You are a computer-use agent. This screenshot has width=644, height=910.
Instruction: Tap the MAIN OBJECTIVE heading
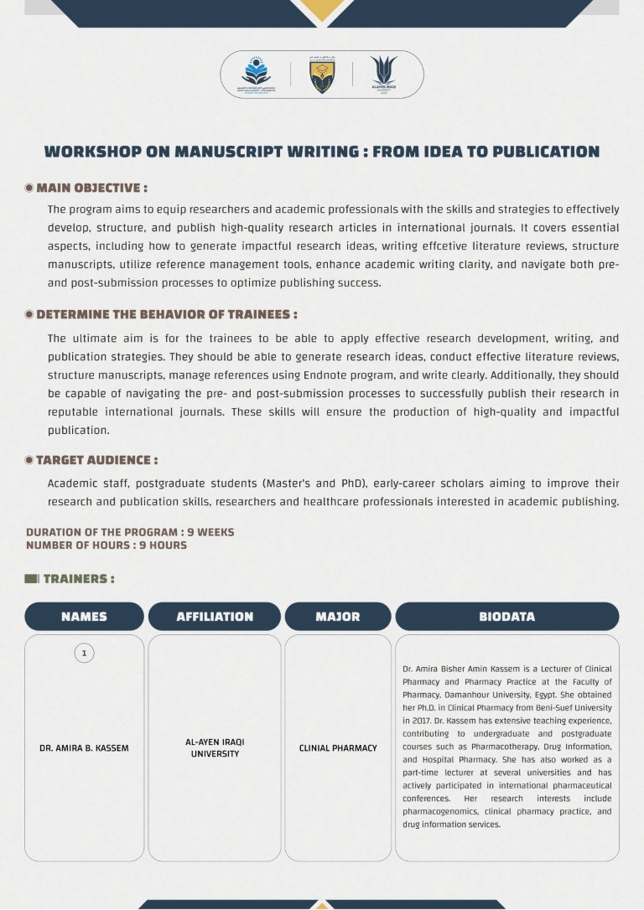pyautogui.click(x=91, y=188)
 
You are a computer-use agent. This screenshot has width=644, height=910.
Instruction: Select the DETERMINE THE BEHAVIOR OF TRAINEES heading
pyautogui.click(x=166, y=314)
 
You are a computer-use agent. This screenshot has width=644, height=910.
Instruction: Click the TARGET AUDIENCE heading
pyautogui.click(x=96, y=460)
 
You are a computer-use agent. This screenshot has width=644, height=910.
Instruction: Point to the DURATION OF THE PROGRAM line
pyautogui.click(x=130, y=532)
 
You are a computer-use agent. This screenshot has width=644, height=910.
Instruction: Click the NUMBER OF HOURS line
pyautogui.click(x=106, y=545)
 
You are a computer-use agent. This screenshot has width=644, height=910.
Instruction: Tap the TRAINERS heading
pyautogui.click(x=78, y=579)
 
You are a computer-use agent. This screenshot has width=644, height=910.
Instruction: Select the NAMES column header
pyautogui.click(x=84, y=617)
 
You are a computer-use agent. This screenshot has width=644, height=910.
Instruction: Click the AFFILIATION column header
pyautogui.click(x=215, y=617)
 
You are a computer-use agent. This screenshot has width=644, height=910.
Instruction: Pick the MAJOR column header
pyautogui.click(x=338, y=617)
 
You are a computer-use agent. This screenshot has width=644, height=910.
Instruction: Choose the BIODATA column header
pyautogui.click(x=506, y=617)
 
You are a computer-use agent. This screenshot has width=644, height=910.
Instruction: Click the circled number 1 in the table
pyautogui.click(x=84, y=653)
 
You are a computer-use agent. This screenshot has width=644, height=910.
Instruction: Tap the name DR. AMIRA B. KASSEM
pyautogui.click(x=84, y=747)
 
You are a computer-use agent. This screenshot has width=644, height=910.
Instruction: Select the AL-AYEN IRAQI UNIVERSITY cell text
pyautogui.click(x=215, y=747)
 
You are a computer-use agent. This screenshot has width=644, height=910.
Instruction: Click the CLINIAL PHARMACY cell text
pyautogui.click(x=338, y=747)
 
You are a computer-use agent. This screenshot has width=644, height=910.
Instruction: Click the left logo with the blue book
pyautogui.click(x=257, y=74)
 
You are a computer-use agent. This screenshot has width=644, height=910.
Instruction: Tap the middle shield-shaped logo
pyautogui.click(x=322, y=75)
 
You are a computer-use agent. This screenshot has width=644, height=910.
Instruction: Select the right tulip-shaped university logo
pyautogui.click(x=384, y=74)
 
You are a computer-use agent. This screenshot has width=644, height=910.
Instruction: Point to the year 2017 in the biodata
pyautogui.click(x=413, y=721)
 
